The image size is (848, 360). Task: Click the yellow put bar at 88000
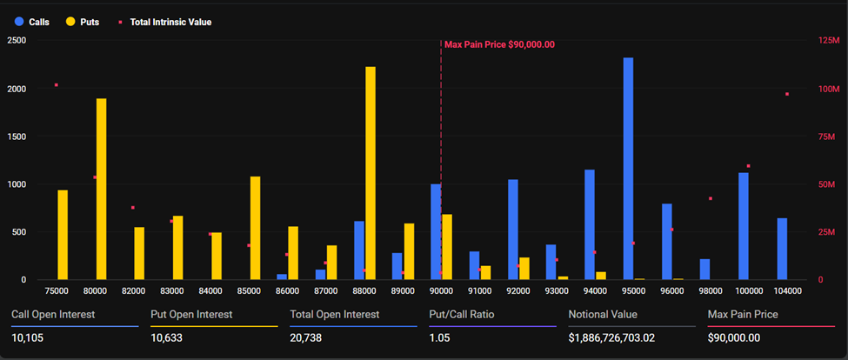(x=371, y=174)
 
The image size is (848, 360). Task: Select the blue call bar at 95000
(x=628, y=170)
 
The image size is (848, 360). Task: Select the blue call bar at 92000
(x=513, y=230)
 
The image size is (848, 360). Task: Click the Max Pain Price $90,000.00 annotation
(x=499, y=44)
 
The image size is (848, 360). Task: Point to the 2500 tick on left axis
(x=17, y=41)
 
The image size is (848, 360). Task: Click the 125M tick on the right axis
(x=828, y=41)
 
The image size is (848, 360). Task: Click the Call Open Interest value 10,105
(x=30, y=337)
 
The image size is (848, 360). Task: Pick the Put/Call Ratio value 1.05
(x=440, y=337)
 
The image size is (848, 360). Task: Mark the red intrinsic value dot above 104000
(x=787, y=94)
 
